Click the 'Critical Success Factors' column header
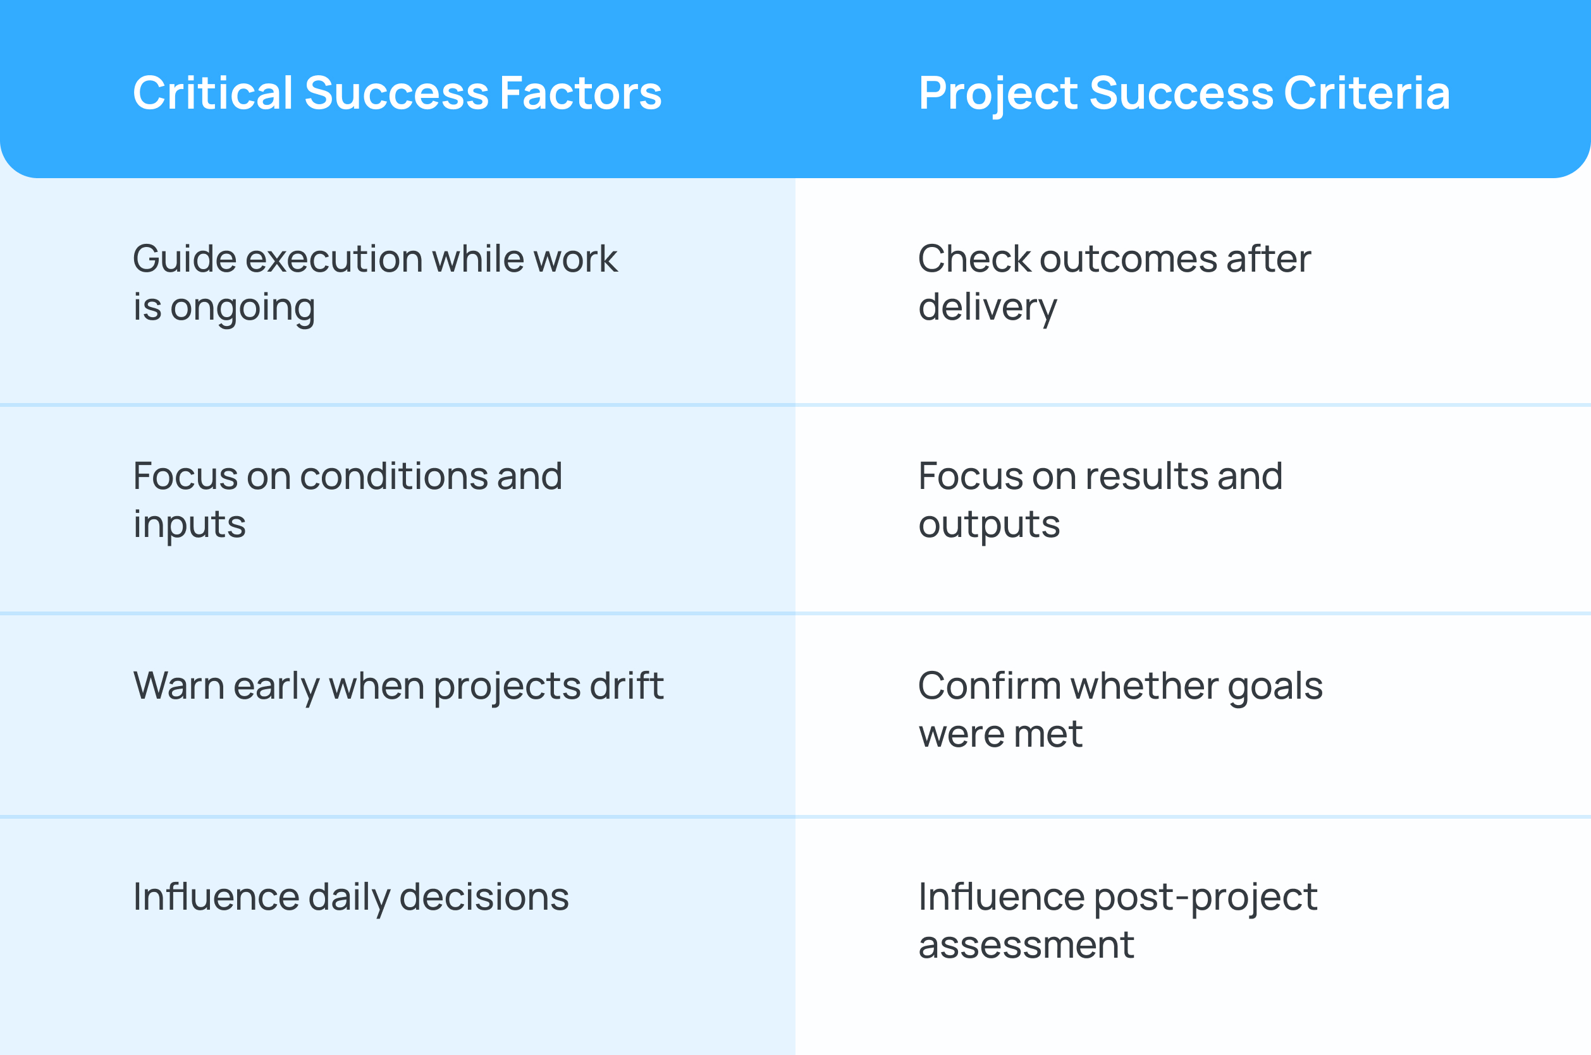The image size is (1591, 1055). coord(397,93)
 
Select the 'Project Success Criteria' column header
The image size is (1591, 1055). coord(1184,93)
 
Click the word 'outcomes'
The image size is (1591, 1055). coord(1127,259)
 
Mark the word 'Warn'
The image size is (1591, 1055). coord(178,686)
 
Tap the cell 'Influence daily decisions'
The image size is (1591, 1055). coord(351,898)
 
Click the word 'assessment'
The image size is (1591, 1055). coord(1026,945)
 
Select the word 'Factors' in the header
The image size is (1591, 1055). coord(580,93)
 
